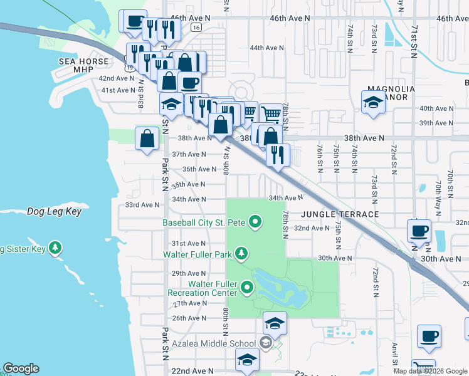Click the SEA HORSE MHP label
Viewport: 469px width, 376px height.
click(x=84, y=65)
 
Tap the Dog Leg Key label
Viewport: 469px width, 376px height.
click(x=55, y=212)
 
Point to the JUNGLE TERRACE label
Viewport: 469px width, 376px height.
click(x=339, y=214)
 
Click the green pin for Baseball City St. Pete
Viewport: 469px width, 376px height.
click(x=255, y=222)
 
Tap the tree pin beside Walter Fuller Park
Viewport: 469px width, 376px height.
click(x=241, y=254)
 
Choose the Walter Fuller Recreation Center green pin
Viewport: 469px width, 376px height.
click(x=247, y=288)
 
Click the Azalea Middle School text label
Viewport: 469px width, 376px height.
click(x=214, y=343)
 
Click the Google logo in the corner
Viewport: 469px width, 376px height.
click(x=21, y=368)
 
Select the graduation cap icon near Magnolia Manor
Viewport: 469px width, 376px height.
click(x=373, y=103)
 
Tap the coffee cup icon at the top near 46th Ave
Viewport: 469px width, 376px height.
click(x=134, y=23)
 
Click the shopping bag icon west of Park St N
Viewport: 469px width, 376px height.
click(x=147, y=140)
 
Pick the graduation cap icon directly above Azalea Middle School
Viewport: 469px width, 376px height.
click(x=274, y=324)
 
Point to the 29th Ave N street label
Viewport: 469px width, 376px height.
click(x=189, y=273)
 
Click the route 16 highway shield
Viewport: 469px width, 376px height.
click(x=196, y=28)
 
